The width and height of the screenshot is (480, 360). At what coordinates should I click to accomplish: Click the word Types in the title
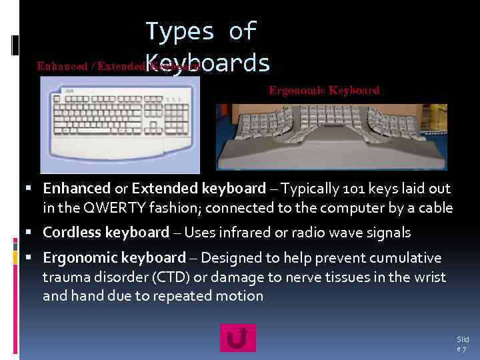(180, 31)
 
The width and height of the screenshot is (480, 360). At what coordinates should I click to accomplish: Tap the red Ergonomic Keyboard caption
(324, 90)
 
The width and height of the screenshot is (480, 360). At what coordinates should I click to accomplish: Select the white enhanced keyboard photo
(119, 125)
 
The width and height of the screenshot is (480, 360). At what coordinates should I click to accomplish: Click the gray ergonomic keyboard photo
(331, 137)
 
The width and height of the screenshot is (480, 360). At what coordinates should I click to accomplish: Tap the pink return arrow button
(237, 338)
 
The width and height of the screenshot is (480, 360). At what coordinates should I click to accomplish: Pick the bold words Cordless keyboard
(106, 233)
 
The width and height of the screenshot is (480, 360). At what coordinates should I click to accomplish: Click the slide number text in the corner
(462, 344)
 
